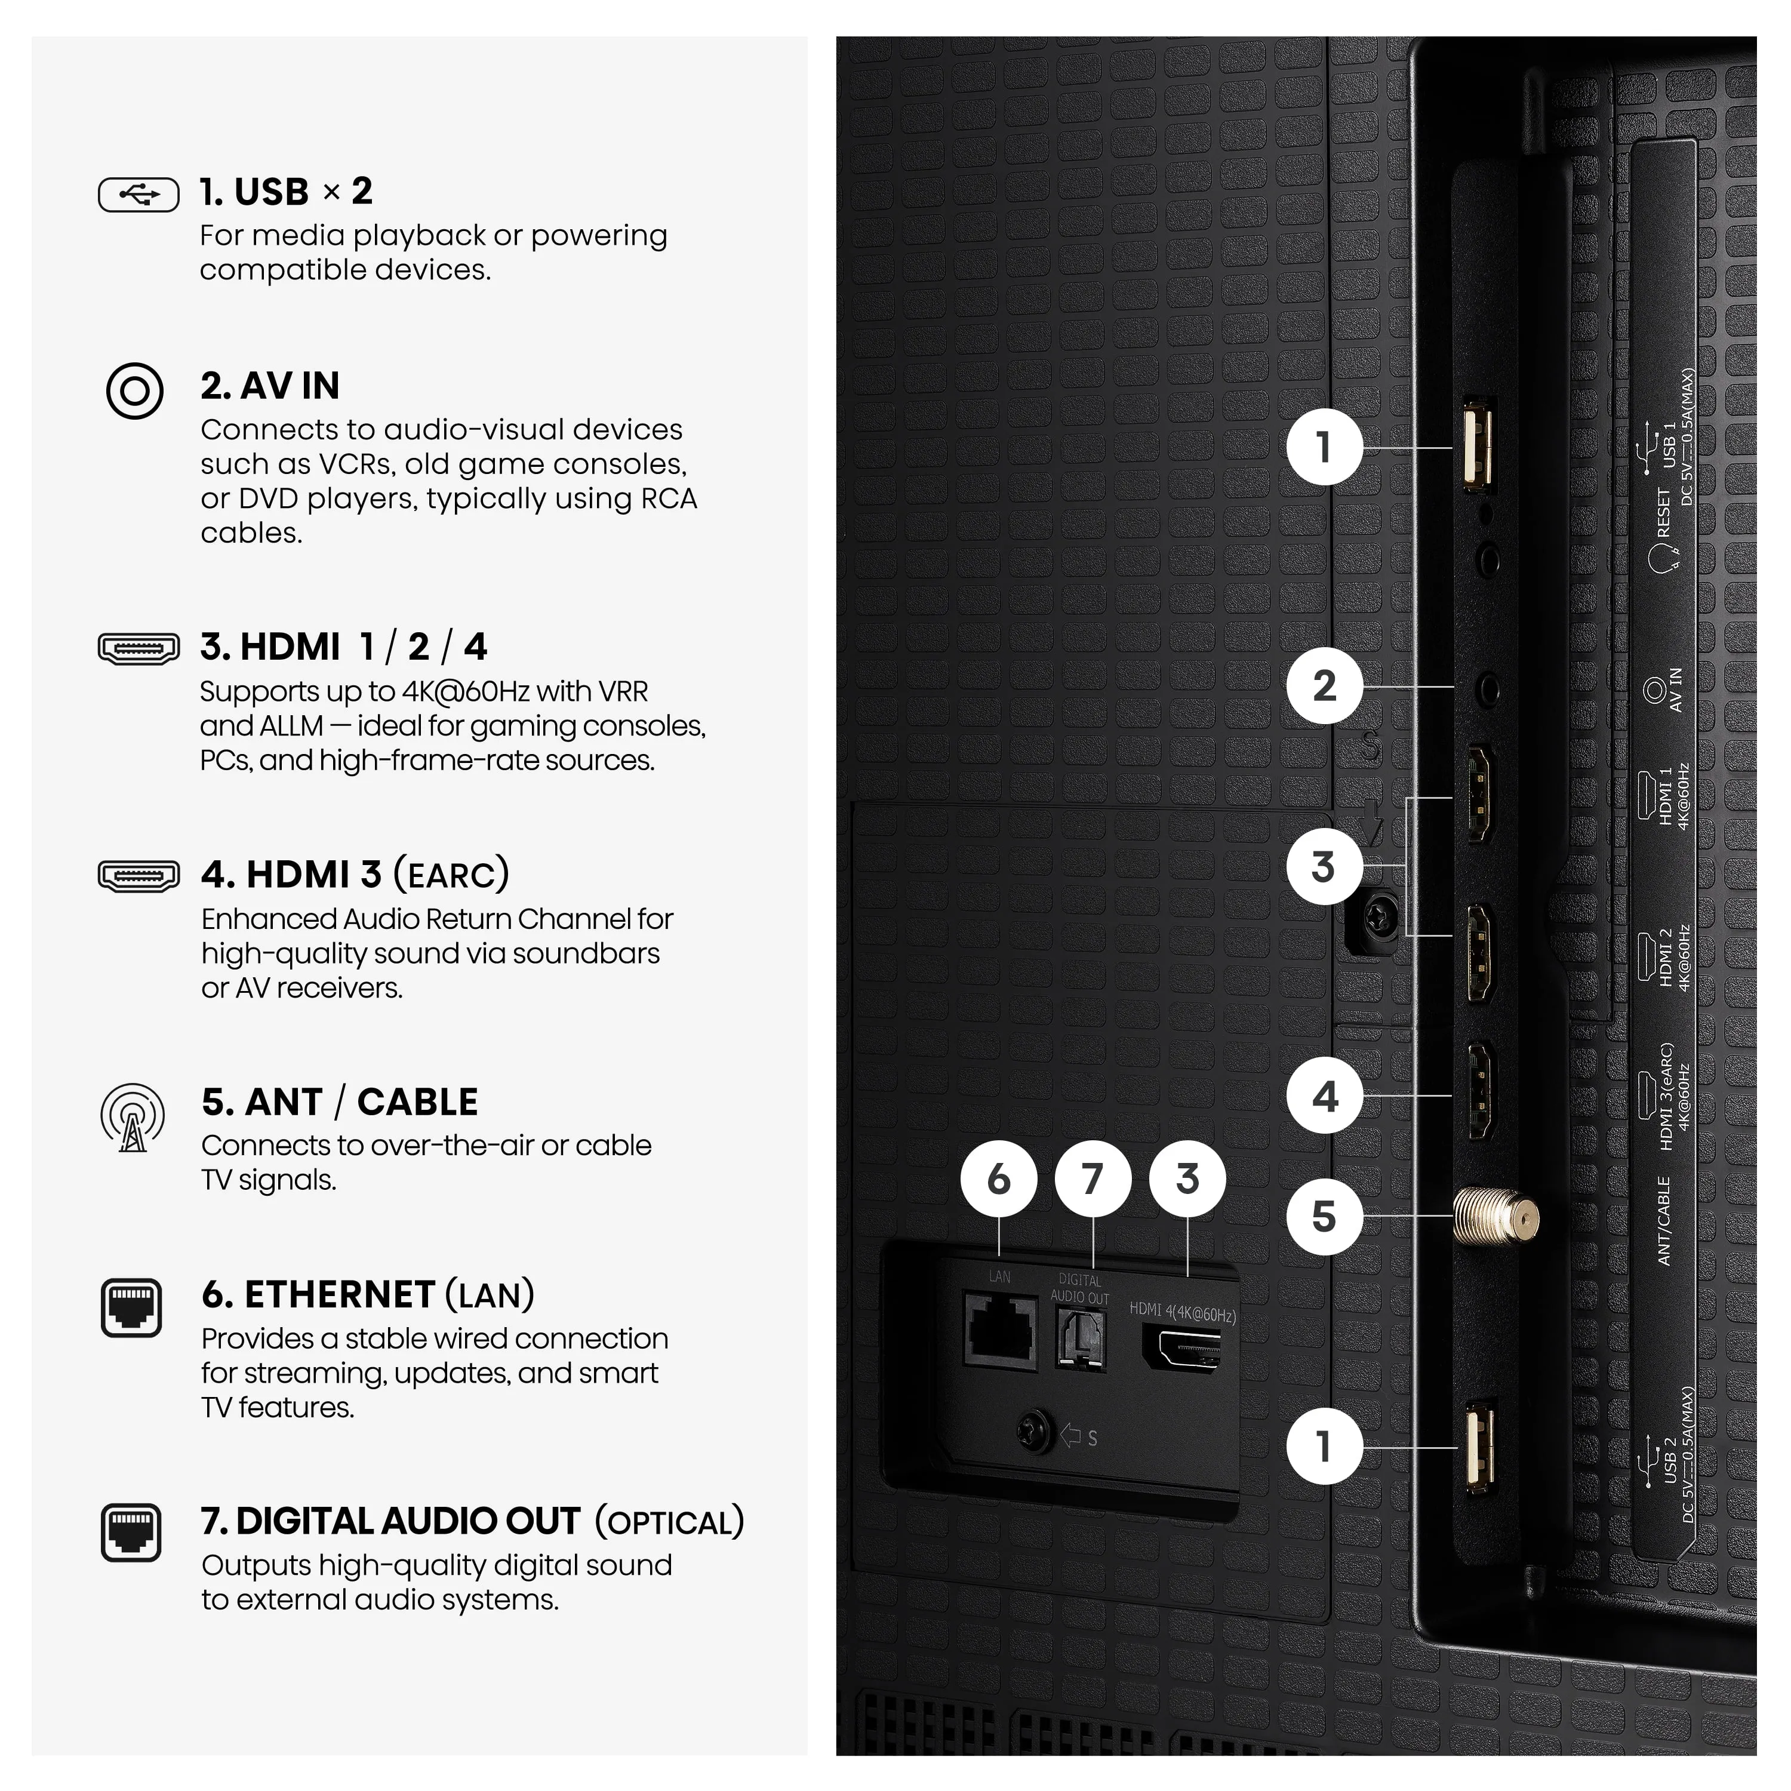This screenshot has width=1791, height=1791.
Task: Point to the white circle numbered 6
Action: pyautogui.click(x=998, y=1179)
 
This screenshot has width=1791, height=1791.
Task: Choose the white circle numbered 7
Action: pyautogui.click(x=1093, y=1179)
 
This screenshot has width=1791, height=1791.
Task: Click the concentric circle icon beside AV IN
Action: pyautogui.click(x=134, y=390)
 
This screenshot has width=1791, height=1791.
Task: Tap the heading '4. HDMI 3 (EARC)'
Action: pyautogui.click(x=355, y=874)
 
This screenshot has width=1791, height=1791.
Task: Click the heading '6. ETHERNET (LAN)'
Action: pyautogui.click(x=368, y=1294)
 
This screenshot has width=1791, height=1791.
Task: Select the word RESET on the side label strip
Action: pyautogui.click(x=1663, y=513)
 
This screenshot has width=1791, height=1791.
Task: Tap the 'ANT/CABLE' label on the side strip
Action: pyautogui.click(x=1664, y=1221)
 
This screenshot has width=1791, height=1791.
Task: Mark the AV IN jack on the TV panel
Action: pyautogui.click(x=1488, y=690)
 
